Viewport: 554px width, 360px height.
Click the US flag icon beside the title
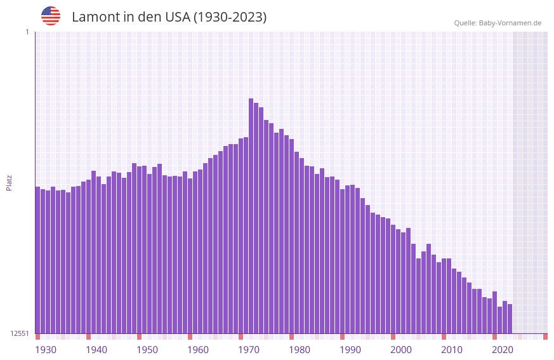pos(51,16)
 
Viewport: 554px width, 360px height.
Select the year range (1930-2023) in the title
pos(229,17)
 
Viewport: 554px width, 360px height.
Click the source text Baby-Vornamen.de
pos(510,23)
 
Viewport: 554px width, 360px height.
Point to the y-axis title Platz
pos(9,182)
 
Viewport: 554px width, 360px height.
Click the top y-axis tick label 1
pos(27,32)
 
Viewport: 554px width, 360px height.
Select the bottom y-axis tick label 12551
pos(20,333)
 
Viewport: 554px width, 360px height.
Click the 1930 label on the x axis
pos(46,350)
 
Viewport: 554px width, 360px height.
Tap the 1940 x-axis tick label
pos(96,350)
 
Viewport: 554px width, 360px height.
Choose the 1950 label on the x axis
pos(147,350)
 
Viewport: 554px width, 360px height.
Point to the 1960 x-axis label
pos(198,350)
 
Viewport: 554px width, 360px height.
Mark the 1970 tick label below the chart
pos(249,350)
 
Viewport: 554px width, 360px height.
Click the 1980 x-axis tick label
pos(300,350)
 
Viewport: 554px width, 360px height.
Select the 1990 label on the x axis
pos(350,350)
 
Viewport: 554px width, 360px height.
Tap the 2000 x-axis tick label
pos(401,350)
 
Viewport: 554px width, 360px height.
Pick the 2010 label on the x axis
pos(452,350)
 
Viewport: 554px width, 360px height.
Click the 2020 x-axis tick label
pos(503,350)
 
